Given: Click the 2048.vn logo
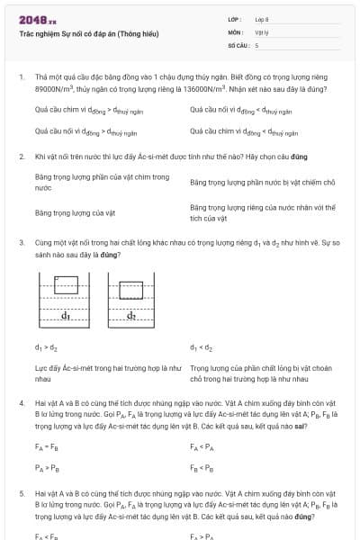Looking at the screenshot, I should [x=38, y=20].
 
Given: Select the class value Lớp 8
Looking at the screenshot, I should [x=262, y=20].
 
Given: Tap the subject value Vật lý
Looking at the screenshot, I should [x=262, y=32].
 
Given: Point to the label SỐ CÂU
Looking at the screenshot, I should [x=237, y=45].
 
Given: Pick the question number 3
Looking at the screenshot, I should [x=22, y=243].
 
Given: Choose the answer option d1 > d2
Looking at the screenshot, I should [x=46, y=346].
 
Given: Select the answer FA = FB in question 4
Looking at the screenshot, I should [x=46, y=446].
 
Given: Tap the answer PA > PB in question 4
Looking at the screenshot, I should [x=46, y=468].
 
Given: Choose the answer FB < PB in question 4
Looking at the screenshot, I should [x=202, y=468].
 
